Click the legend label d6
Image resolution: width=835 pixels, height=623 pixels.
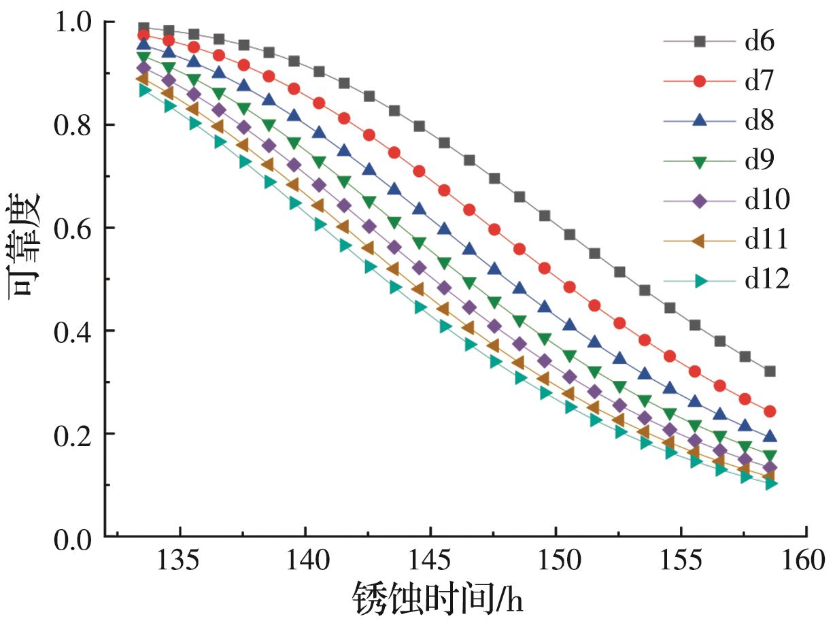760,42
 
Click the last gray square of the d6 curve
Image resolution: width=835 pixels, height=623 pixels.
770,371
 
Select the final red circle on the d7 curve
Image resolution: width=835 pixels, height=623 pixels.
770,411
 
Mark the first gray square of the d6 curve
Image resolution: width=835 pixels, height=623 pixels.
143,28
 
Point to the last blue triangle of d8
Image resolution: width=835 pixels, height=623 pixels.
770,436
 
